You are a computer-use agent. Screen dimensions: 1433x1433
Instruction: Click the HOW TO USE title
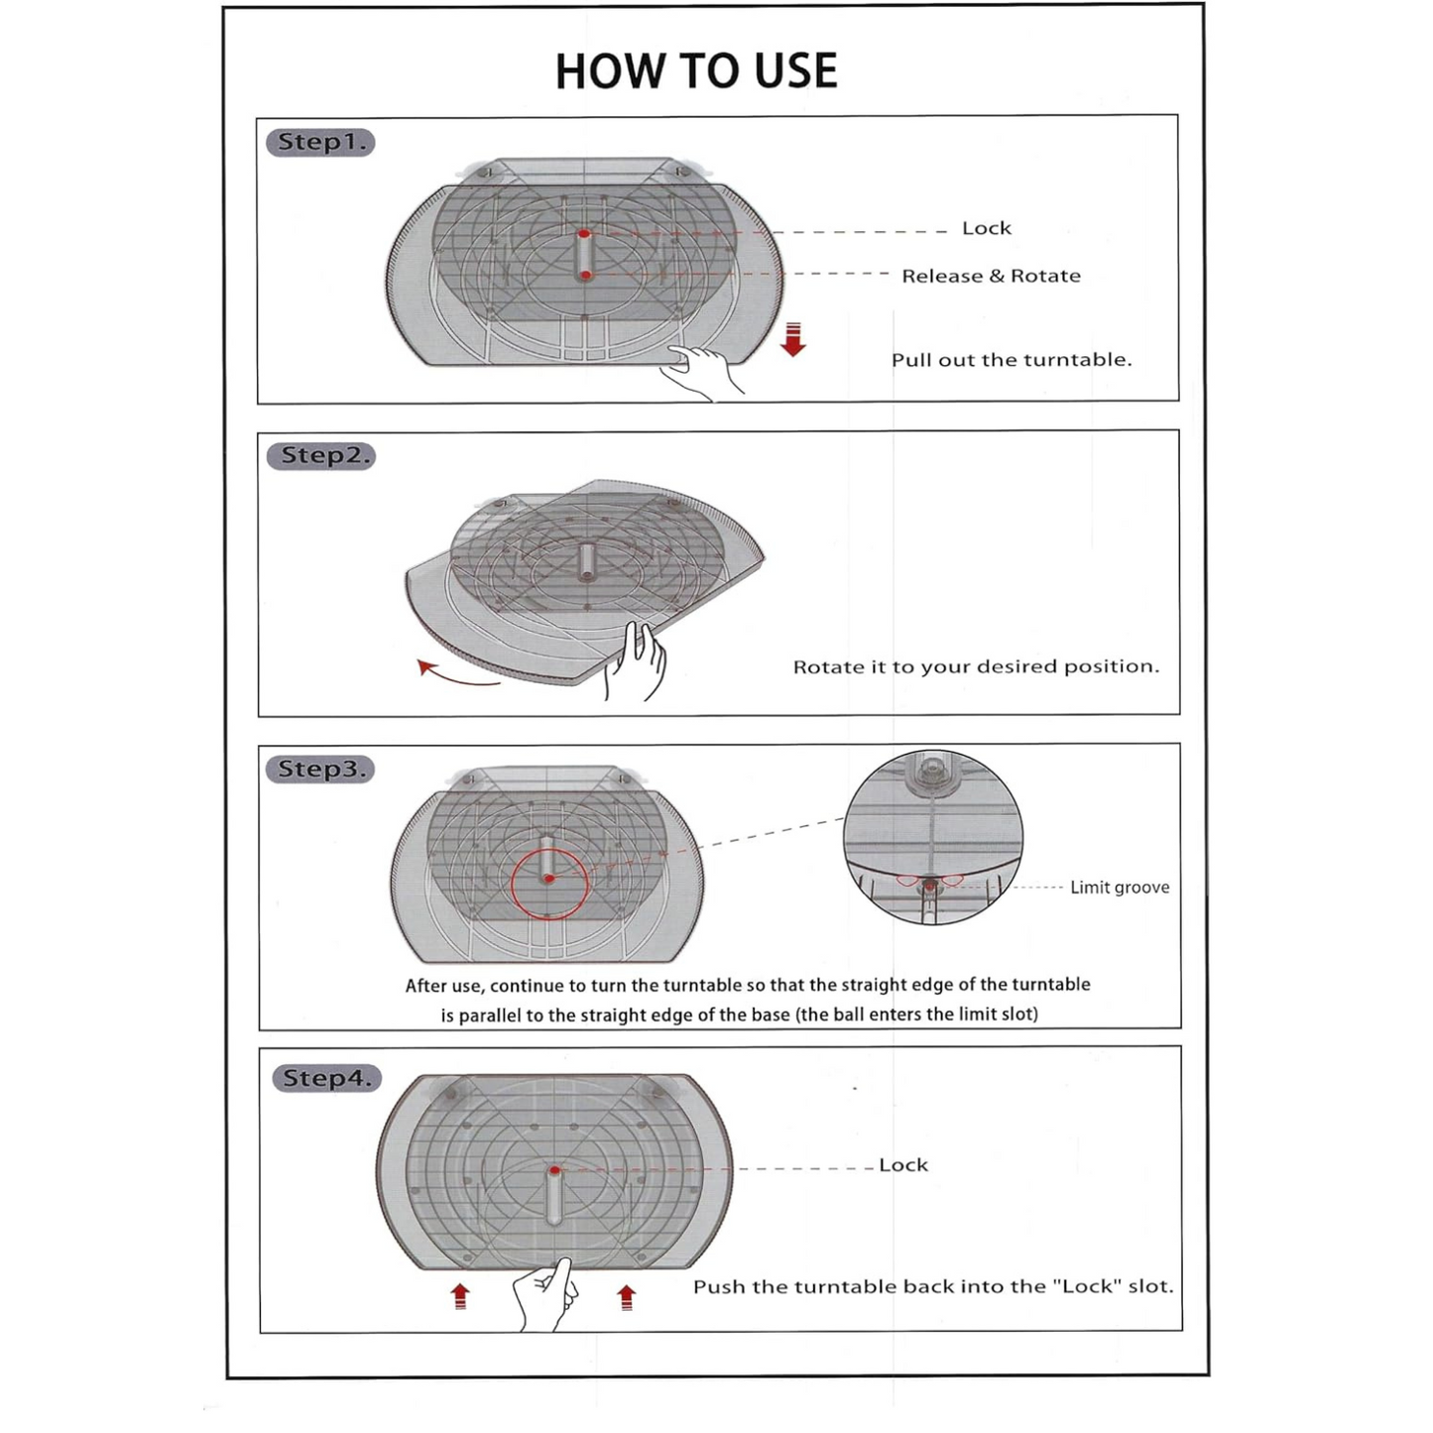click(x=696, y=71)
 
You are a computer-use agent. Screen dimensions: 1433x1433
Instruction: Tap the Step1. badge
click(x=320, y=142)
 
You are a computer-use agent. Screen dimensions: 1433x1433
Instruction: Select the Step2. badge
click(x=321, y=455)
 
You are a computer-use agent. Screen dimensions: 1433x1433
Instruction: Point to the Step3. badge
click(x=320, y=769)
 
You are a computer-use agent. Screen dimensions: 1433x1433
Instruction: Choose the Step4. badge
click(x=326, y=1078)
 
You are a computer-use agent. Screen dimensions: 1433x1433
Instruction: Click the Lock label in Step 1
click(x=986, y=228)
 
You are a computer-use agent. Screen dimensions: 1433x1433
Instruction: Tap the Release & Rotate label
click(x=991, y=276)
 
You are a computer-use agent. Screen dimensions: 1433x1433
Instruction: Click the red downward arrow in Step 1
click(x=792, y=338)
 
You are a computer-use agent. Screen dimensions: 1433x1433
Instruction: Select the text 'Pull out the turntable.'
click(x=1011, y=360)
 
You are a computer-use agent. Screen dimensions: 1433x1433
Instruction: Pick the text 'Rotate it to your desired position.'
click(x=976, y=666)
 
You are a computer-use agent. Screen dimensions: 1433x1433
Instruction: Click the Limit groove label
click(x=1119, y=888)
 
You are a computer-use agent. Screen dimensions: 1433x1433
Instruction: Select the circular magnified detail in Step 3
click(x=932, y=839)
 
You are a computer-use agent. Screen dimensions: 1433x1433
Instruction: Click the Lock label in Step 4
click(x=903, y=1165)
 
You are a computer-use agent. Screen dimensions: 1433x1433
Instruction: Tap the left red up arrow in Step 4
click(x=460, y=1296)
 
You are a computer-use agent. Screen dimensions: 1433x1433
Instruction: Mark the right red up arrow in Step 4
click(x=626, y=1296)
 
